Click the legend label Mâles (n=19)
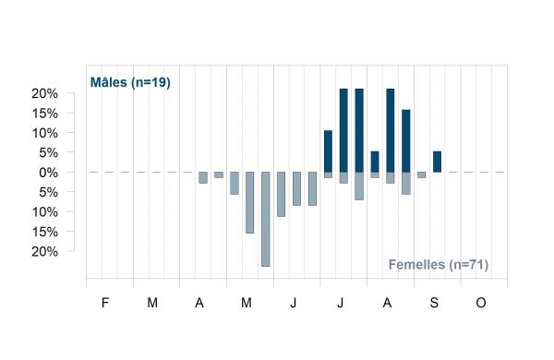click(x=130, y=82)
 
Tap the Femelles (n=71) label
click(x=439, y=264)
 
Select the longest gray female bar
click(x=266, y=219)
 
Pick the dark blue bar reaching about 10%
click(x=328, y=151)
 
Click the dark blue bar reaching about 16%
click(x=406, y=141)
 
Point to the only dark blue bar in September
click(x=437, y=162)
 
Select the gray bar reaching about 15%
click(x=250, y=202)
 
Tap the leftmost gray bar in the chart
click(x=203, y=178)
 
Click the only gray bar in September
click(x=422, y=174)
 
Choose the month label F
click(x=105, y=303)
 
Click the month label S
click(x=434, y=303)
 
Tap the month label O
click(x=481, y=303)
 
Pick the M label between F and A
click(x=152, y=303)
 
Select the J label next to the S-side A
click(x=340, y=303)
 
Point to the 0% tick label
click(x=48, y=173)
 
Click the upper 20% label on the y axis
click(x=45, y=93)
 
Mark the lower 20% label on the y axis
click(x=45, y=252)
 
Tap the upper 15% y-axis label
click(x=45, y=114)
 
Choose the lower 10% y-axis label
click(x=45, y=212)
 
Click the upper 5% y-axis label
click(x=48, y=153)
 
